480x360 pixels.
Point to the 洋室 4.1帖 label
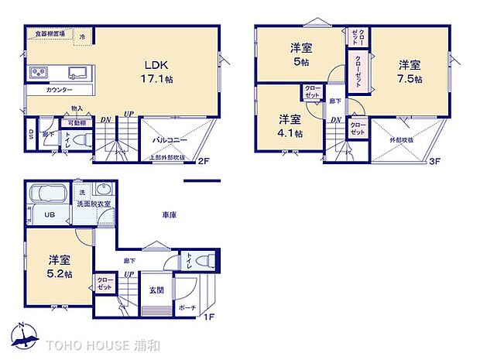(290, 125)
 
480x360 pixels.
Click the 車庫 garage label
(170, 214)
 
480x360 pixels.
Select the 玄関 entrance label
(156, 290)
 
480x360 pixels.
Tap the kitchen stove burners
(39, 74)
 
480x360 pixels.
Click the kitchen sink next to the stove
(77, 74)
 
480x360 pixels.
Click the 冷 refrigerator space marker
(82, 36)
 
